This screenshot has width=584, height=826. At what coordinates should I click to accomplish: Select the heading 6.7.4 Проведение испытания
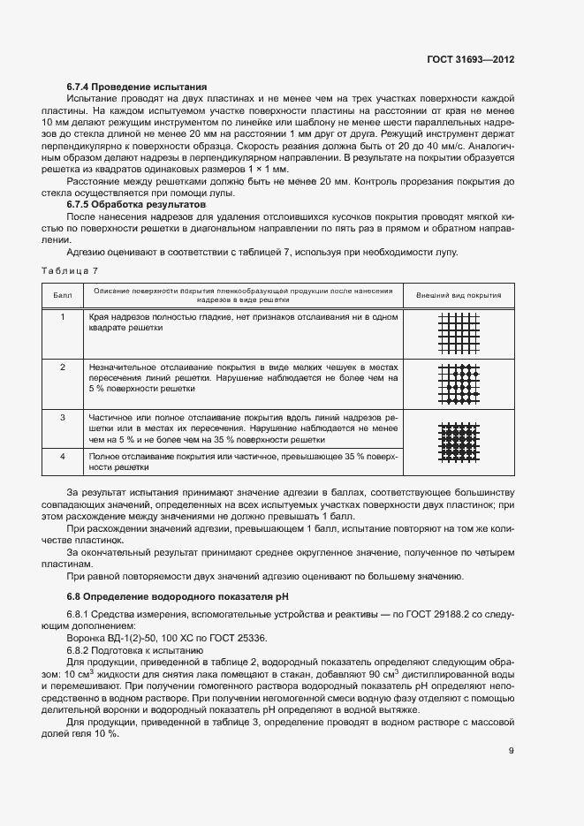137,87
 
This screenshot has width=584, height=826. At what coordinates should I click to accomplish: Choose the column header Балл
62,295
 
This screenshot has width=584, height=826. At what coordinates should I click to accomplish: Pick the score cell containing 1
62,317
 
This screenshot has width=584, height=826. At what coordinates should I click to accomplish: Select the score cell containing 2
62,367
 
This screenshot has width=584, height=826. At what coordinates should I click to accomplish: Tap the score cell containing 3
62,416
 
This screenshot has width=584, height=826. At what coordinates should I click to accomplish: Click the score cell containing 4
62,456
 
